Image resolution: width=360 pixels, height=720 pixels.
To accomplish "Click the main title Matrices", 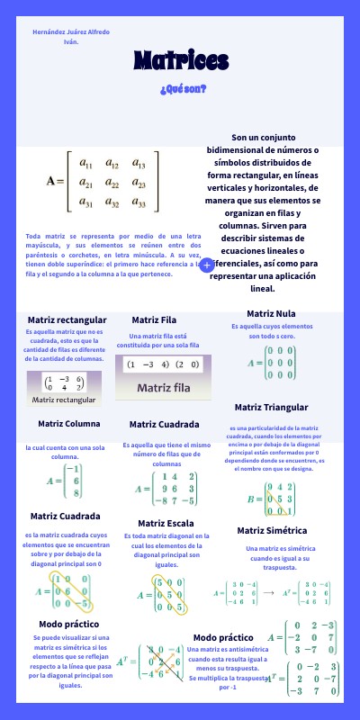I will (x=181, y=60).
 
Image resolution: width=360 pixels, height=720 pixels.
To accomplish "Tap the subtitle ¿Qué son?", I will (x=183, y=89).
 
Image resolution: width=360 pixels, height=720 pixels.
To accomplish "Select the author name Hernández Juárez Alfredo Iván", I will (x=71, y=36).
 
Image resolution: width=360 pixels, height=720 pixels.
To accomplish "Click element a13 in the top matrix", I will (x=139, y=164).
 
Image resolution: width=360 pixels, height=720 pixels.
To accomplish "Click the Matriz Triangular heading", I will (x=272, y=407).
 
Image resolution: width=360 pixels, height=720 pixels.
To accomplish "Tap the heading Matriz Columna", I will (x=68, y=423).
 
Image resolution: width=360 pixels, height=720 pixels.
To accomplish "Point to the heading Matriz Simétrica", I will (x=272, y=530).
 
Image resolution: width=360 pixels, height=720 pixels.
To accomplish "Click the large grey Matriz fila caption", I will (x=163, y=388).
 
